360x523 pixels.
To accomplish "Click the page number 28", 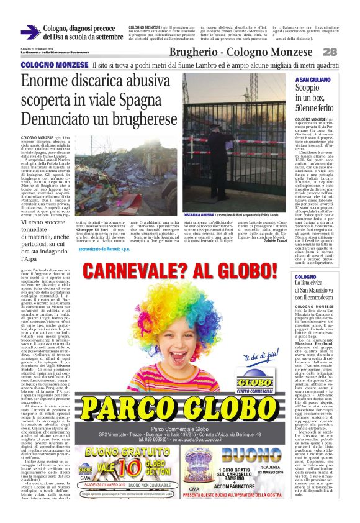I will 346,52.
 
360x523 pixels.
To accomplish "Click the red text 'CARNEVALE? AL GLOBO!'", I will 179,270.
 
